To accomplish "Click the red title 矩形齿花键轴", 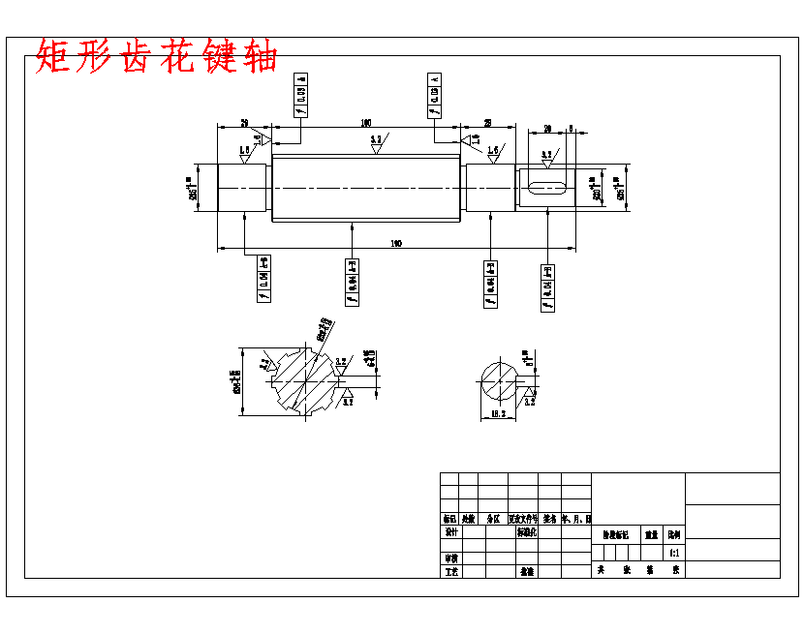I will (156, 57).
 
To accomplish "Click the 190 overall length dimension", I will (396, 243).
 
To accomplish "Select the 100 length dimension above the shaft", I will (365, 123).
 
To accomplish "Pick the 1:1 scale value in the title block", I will (674, 553).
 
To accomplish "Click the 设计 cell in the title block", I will (450, 532).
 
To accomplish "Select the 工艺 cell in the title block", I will (450, 571).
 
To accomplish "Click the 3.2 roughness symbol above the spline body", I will (377, 141).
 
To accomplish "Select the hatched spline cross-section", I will (306, 378).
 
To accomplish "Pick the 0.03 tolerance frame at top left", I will (300, 94).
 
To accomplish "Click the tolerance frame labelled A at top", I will (433, 94).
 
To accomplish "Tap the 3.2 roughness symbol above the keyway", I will (547, 156).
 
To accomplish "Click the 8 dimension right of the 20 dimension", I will (572, 128).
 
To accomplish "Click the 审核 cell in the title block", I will (450, 558).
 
